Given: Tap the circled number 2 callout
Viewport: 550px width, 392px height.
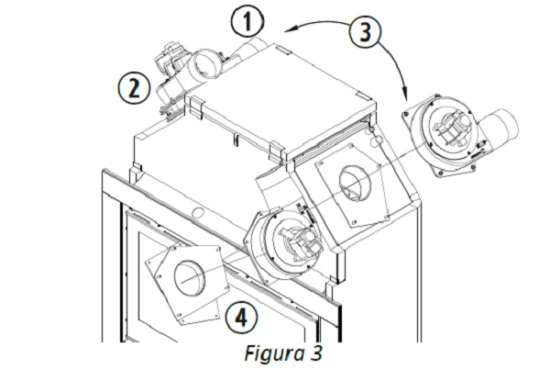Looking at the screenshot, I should pyautogui.click(x=135, y=87).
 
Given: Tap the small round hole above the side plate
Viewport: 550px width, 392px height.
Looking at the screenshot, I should pyautogui.click(x=373, y=140).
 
